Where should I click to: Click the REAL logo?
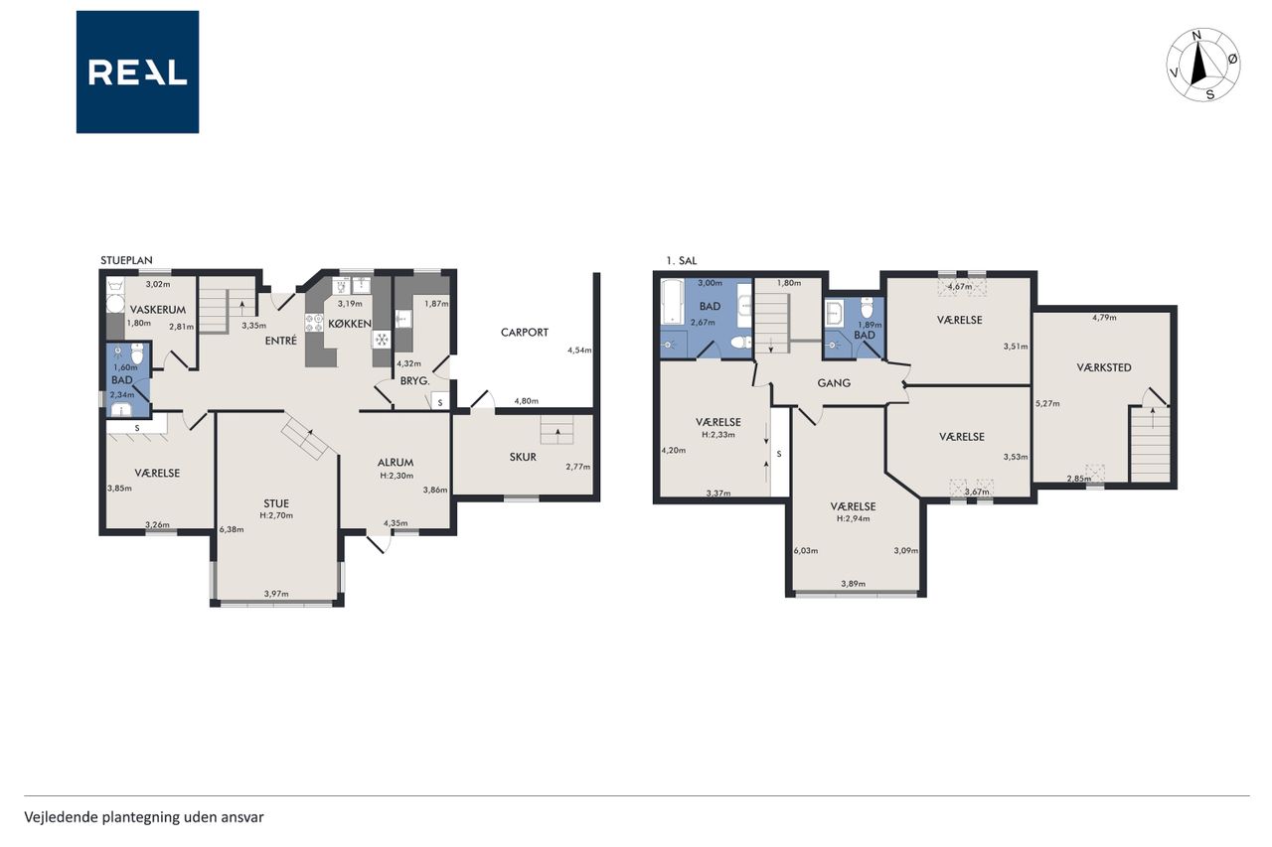[137, 72]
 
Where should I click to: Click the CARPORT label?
[524, 333]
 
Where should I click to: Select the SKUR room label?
[523, 457]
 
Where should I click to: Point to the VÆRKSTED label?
[1103, 367]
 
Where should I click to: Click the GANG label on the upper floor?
[834, 383]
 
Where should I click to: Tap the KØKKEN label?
[349, 324]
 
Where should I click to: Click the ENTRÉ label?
[281, 341]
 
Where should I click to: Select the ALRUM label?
[396, 463]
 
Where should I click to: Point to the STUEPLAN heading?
[126, 260]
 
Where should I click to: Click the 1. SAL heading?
[682, 261]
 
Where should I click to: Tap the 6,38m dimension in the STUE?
[232, 530]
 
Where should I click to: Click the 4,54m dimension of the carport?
[579, 351]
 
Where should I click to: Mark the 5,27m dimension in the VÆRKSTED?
[1047, 404]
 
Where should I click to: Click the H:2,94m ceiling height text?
[853, 518]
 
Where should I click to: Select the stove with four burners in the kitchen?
[314, 323]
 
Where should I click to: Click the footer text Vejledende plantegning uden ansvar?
[144, 817]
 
